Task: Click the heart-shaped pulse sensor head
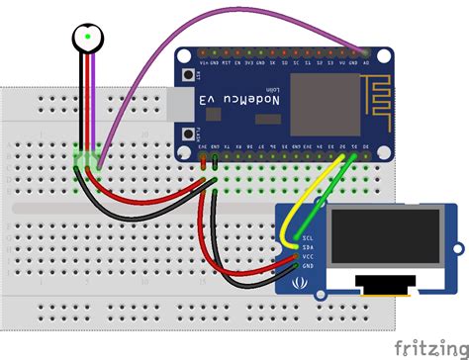coord(89,39)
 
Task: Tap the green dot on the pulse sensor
coord(89,37)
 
